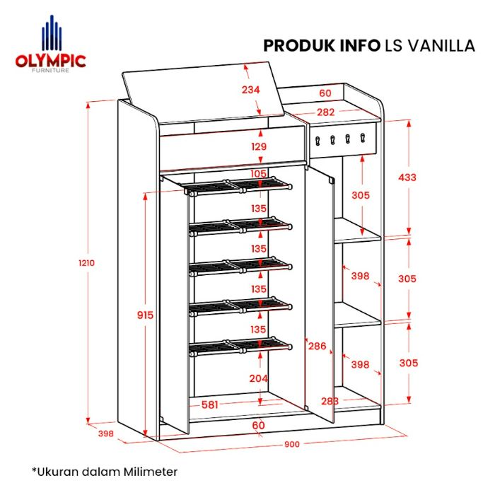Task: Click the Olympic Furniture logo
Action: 49,49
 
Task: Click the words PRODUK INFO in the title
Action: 320,46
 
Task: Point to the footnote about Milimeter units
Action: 104,470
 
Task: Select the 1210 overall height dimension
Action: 86,262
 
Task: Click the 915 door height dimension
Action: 145,315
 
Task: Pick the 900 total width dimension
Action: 293,444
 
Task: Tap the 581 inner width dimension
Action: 209,405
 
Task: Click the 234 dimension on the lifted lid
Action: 250,90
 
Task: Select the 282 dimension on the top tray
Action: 325,112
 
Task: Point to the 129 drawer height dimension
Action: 259,146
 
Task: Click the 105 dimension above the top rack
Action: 259,174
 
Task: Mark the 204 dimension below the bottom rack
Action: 259,378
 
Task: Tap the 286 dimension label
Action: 317,346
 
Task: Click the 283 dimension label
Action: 328,401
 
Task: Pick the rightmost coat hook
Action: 362,138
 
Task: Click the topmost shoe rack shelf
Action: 239,187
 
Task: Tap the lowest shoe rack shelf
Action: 239,346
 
